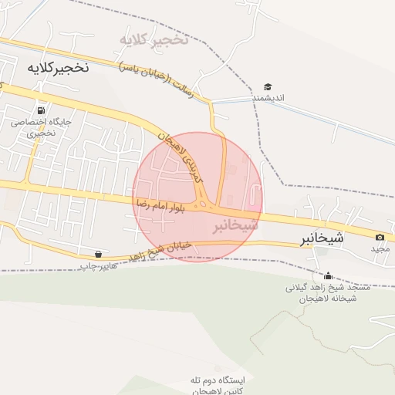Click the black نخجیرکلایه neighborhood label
pos(58,67)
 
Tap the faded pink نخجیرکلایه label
pos(154,39)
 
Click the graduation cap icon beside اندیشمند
pos(268,86)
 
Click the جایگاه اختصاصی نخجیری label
pos(42,127)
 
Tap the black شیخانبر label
pos(322,238)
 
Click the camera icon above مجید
pos(380,237)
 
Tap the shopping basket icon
pos(98,254)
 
